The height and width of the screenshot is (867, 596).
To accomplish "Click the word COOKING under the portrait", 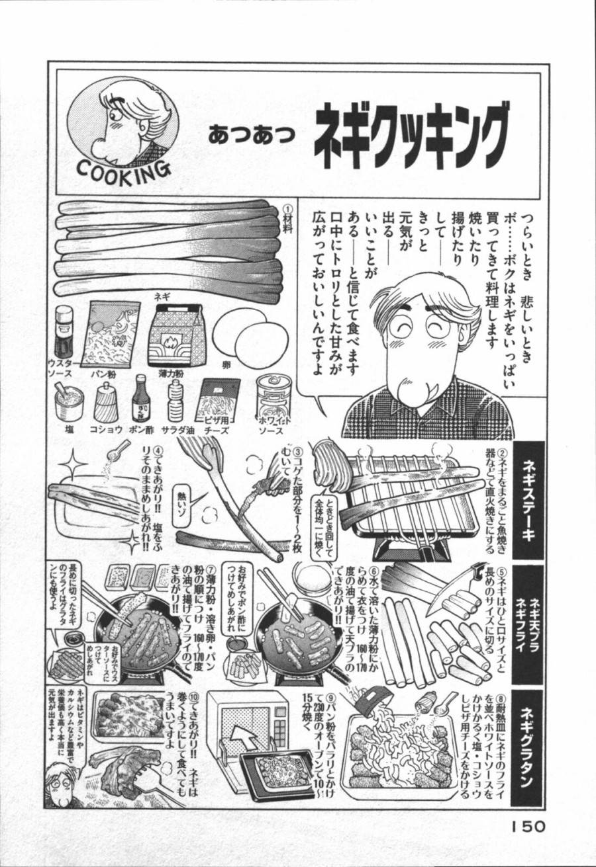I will tap(124, 170).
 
